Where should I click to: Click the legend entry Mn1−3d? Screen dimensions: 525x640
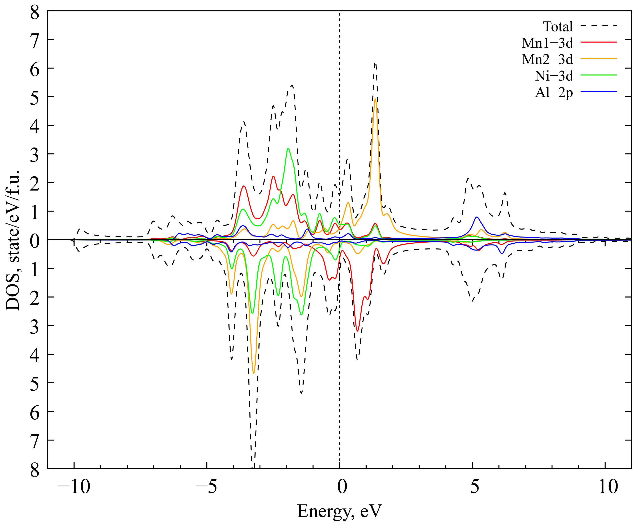coord(547,43)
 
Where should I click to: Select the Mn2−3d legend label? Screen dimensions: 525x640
coord(547,60)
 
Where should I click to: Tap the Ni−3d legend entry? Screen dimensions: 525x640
coord(554,76)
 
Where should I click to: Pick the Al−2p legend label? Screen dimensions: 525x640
coord(554,93)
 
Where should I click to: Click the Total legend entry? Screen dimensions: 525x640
coord(558,27)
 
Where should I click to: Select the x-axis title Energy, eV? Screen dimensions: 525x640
coord(339,511)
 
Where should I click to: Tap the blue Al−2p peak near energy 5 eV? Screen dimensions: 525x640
coord(477,217)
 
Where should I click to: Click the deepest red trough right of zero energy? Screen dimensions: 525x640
coord(358,331)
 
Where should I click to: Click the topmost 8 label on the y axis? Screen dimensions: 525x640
coord(34,14)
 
